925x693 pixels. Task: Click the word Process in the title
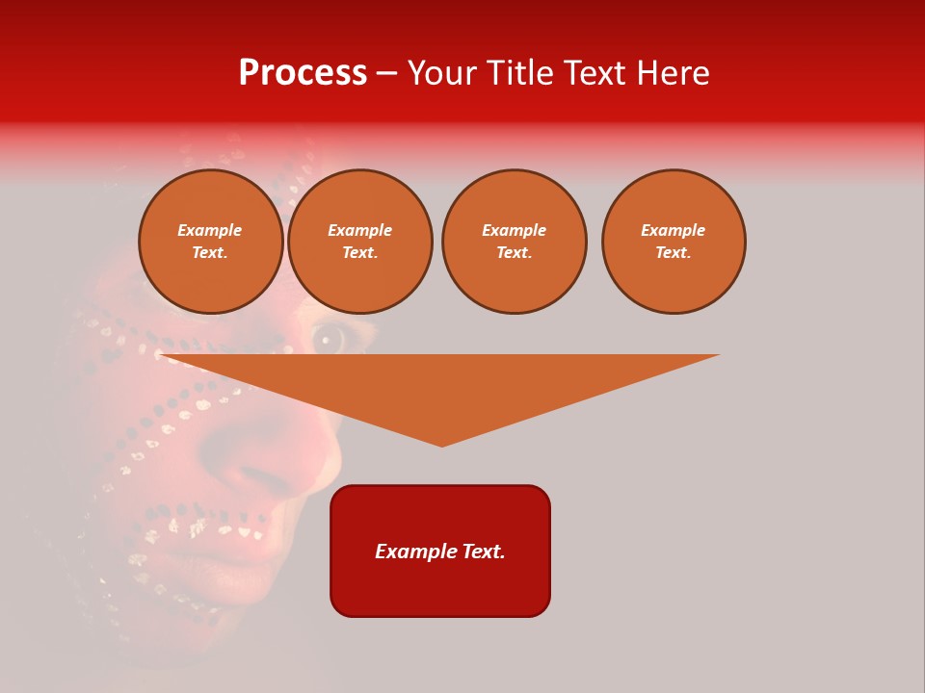[x=303, y=73]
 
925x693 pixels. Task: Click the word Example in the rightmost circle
[x=673, y=230]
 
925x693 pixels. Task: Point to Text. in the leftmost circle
[x=210, y=252]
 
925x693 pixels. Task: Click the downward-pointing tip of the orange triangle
[x=441, y=444]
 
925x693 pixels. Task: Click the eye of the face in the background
[x=330, y=337]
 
